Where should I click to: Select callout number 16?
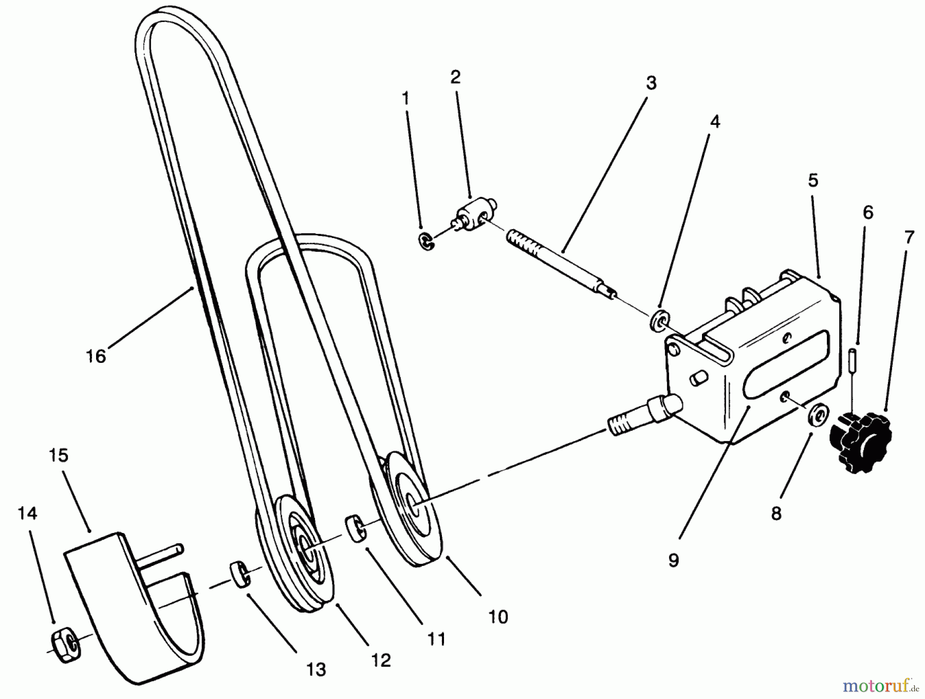coord(96,356)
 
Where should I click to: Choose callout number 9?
coord(673,560)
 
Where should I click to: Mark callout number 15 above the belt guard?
coord(59,455)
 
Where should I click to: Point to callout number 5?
coord(812,181)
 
